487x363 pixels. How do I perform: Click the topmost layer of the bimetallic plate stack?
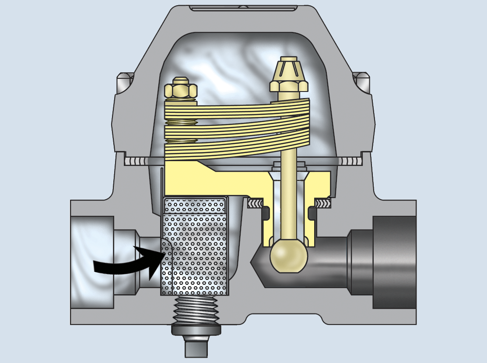pyautogui.click(x=236, y=108)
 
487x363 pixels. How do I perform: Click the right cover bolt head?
pyautogui.click(x=361, y=81)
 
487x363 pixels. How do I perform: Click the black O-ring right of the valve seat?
pyautogui.click(x=312, y=213)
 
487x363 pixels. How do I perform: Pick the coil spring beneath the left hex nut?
pyautogui.click(x=180, y=123)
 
